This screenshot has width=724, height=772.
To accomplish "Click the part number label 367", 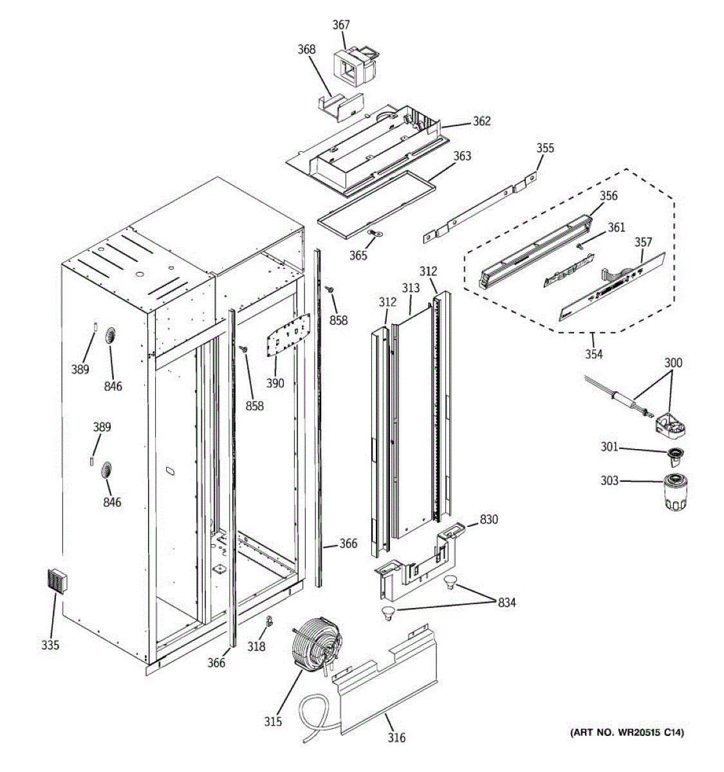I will coord(341,25).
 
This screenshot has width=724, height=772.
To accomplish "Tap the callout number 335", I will coord(50,645).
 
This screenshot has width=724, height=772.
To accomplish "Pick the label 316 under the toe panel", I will coord(397,737).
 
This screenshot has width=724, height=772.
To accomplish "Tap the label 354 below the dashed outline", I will coord(594,354).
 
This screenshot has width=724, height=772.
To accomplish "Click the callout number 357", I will coord(643,242).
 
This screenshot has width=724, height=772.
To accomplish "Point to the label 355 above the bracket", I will coord(545,148).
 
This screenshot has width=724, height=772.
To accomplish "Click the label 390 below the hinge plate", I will coord(275,383).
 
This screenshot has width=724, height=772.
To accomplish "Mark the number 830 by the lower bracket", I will coord(489,519).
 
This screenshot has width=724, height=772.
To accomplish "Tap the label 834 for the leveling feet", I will coord(506,603).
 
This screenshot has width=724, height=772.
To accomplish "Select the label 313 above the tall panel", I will coord(411,288).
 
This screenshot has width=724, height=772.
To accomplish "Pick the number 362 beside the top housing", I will coord(481,121).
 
